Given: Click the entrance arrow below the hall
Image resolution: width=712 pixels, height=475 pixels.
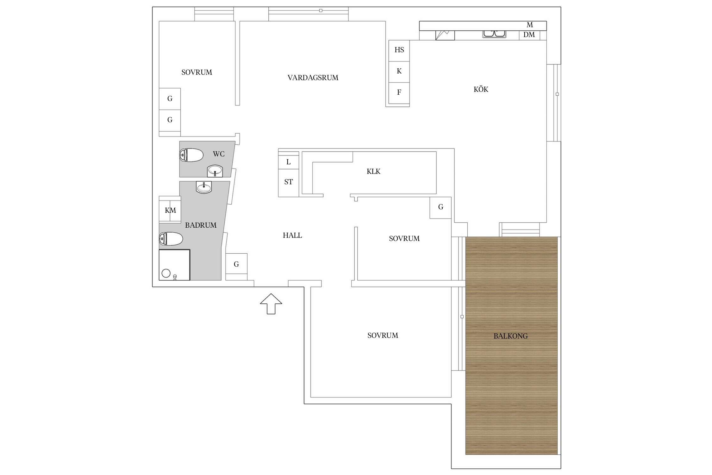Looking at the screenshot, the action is tap(271, 304).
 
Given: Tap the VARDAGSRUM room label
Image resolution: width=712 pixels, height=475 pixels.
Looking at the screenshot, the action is tap(313, 78).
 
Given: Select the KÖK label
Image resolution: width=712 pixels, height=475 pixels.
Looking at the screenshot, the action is tap(481, 89).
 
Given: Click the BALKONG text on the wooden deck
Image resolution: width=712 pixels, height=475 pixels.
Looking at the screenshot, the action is tap(510, 336).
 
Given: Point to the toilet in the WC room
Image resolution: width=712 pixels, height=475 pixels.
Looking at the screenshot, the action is tap(191, 155).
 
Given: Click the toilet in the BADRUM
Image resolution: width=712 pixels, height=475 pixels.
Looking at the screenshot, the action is tap(171, 239).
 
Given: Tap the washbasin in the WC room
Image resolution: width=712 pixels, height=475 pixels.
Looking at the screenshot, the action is tap(215, 171).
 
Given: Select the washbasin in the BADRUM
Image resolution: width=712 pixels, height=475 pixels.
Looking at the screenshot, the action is tap(204, 187).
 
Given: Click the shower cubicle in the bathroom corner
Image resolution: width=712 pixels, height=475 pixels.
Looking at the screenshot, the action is tap(174, 265).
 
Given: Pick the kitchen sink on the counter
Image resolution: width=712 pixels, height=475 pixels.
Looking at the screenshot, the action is tap(494, 34).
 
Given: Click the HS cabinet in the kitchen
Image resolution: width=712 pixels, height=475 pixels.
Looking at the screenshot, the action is tap(399, 51).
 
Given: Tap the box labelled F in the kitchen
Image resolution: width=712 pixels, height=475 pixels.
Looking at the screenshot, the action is tap(399, 93).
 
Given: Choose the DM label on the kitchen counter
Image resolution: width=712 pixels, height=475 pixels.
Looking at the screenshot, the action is tap(529, 35).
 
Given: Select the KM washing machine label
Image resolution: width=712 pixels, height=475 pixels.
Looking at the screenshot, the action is tap(170, 210).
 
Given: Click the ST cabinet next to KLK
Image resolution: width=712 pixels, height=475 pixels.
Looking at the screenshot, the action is tap(288, 183).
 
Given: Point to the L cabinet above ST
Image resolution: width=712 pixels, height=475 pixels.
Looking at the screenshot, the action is tap(288, 162).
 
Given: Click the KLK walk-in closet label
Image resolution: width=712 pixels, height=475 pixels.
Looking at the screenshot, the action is tap(373, 172).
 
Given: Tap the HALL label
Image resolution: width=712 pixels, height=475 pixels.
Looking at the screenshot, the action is tap(292, 235).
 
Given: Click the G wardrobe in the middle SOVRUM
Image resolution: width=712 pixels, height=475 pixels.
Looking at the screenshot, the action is tap(440, 207).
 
